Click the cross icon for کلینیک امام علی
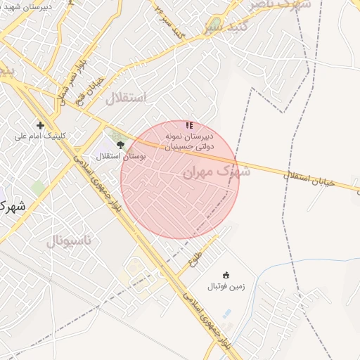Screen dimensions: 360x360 pyautogui.click(x=40, y=126)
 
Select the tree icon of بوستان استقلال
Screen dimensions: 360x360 pyautogui.click(x=121, y=145)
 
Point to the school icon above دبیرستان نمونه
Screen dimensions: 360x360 pyautogui.click(x=188, y=124)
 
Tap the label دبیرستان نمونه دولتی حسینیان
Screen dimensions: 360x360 pyautogui.click(x=188, y=141)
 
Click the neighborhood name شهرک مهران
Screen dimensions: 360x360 pyautogui.click(x=215, y=171)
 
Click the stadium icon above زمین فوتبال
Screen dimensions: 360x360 pyautogui.click(x=226, y=275)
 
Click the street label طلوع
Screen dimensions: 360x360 pyautogui.click(x=195, y=262)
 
